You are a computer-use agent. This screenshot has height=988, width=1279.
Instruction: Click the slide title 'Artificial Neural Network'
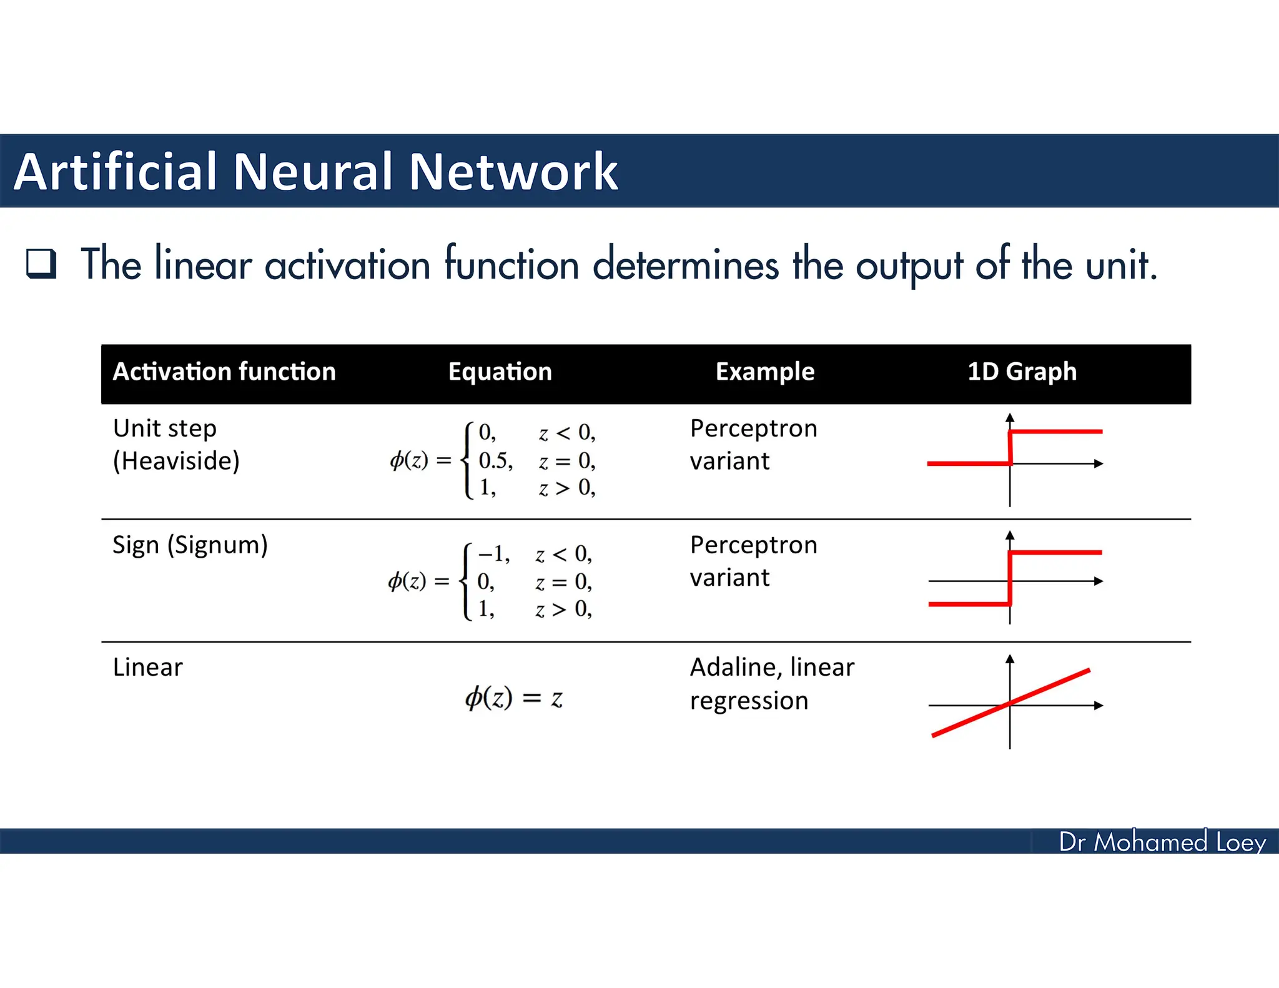pyautogui.click(x=315, y=171)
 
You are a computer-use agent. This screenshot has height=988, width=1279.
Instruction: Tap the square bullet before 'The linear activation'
pyautogui.click(x=41, y=263)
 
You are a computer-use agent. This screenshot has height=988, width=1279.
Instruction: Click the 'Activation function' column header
pyautogui.click(x=224, y=372)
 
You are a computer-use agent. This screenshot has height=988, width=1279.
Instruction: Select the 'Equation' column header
pyautogui.click(x=500, y=372)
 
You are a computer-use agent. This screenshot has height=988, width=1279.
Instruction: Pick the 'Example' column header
pyautogui.click(x=764, y=372)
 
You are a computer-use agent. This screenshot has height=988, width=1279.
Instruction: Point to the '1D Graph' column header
pyautogui.click(x=1022, y=372)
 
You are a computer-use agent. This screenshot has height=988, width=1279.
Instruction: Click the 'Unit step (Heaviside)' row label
pyautogui.click(x=176, y=445)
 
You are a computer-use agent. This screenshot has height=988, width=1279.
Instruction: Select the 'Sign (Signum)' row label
pyautogui.click(x=190, y=545)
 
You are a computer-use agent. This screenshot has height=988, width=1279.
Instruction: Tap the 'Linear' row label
pyautogui.click(x=148, y=668)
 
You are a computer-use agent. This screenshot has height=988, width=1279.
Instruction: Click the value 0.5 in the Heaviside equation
pyautogui.click(x=495, y=461)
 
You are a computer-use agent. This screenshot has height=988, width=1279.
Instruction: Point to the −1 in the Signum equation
pyautogui.click(x=493, y=554)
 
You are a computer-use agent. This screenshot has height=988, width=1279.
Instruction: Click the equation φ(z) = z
pyautogui.click(x=513, y=698)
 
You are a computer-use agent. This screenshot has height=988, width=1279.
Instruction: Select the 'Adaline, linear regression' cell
pyautogui.click(x=771, y=684)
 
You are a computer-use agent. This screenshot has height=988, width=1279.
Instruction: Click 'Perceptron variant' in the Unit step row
pyautogui.click(x=753, y=445)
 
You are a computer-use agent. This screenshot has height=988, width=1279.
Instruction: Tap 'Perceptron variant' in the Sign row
pyautogui.click(x=753, y=561)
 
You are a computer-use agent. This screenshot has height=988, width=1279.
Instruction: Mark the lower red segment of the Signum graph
pyautogui.click(x=969, y=604)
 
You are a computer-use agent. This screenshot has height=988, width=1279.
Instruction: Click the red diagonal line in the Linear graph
pyautogui.click(x=1049, y=687)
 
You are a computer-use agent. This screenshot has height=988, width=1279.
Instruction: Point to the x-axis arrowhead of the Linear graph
pyautogui.click(x=1099, y=706)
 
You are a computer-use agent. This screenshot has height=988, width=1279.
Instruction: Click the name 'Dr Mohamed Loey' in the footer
pyautogui.click(x=1162, y=842)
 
